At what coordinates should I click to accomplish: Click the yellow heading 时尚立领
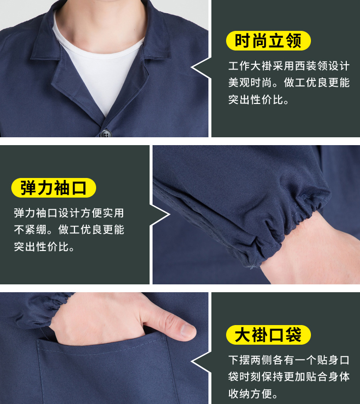[x=268, y=41]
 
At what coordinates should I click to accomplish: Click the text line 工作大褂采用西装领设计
[x=289, y=66]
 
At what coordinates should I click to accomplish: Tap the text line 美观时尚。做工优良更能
[x=289, y=83]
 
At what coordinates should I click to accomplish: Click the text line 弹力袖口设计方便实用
[x=69, y=213]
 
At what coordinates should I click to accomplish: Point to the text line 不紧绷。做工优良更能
[x=69, y=229]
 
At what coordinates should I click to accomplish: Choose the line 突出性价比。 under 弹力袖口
[x=45, y=247]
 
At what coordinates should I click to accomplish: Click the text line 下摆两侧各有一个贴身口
[x=289, y=360]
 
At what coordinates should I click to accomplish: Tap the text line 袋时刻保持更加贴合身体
[x=289, y=377]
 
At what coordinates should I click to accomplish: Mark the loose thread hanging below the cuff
[x=252, y=267]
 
